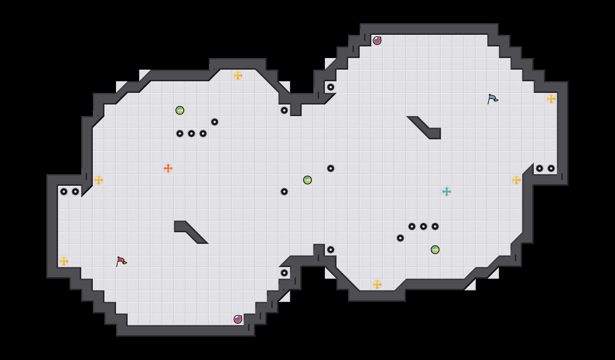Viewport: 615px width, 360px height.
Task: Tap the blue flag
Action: pyautogui.click(x=493, y=98)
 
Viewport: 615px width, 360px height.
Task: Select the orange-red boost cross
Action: pyautogui.click(x=168, y=168)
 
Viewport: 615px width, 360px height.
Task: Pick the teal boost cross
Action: pyautogui.click(x=447, y=192)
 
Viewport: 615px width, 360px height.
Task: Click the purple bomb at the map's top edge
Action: pyautogui.click(x=377, y=41)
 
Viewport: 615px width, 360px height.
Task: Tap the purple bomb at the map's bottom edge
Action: pyautogui.click(x=238, y=319)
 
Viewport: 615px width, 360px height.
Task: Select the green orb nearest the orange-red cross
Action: pyautogui.click(x=180, y=110)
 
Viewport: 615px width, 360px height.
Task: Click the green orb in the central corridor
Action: pyautogui.click(x=307, y=180)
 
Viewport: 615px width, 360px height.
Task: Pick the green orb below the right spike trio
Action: pyautogui.click(x=435, y=250)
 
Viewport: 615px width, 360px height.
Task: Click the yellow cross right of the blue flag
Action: pyautogui.click(x=551, y=99)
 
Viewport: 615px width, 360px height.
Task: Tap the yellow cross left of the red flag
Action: pyautogui.click(x=64, y=261)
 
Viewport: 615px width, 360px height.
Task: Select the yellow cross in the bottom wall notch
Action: pyautogui.click(x=377, y=285)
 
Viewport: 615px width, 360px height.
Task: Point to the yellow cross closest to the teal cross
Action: pyautogui.click(x=516, y=180)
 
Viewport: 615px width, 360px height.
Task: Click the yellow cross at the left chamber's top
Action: pyautogui.click(x=238, y=75)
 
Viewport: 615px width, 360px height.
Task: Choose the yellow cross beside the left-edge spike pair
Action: pyautogui.click(x=99, y=180)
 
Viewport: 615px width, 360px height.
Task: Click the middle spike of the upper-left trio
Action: pyautogui.click(x=191, y=134)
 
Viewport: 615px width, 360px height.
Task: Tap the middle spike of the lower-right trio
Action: pyautogui.click(x=424, y=226)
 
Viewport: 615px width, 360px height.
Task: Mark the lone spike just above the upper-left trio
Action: pyautogui.click(x=215, y=122)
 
